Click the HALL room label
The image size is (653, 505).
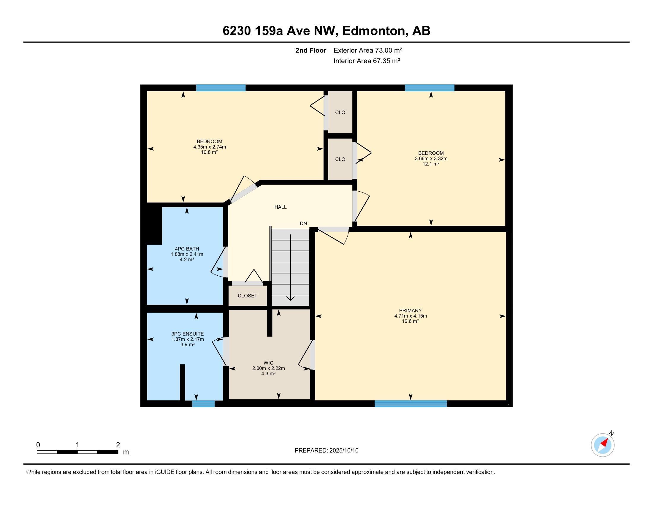(x=280, y=207)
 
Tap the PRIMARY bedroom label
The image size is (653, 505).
(x=410, y=310)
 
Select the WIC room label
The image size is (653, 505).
(x=269, y=363)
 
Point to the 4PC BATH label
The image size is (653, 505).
(x=187, y=249)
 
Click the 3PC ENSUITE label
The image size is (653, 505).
(x=188, y=334)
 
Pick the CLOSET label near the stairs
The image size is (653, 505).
(x=248, y=296)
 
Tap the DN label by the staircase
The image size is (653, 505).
(x=303, y=223)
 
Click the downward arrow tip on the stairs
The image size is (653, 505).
(x=291, y=300)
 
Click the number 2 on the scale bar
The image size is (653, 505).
(x=118, y=445)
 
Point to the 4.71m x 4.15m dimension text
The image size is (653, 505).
(x=410, y=316)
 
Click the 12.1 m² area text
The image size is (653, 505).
(x=431, y=164)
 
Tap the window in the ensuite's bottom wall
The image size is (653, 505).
(x=203, y=404)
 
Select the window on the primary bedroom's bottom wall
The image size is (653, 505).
(x=411, y=404)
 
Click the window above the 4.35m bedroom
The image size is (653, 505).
(x=221, y=88)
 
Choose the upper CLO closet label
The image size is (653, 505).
(x=340, y=113)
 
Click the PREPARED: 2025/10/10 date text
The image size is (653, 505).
(x=326, y=451)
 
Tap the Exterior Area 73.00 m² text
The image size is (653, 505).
(x=368, y=50)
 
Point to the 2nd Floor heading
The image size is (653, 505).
(x=311, y=50)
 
